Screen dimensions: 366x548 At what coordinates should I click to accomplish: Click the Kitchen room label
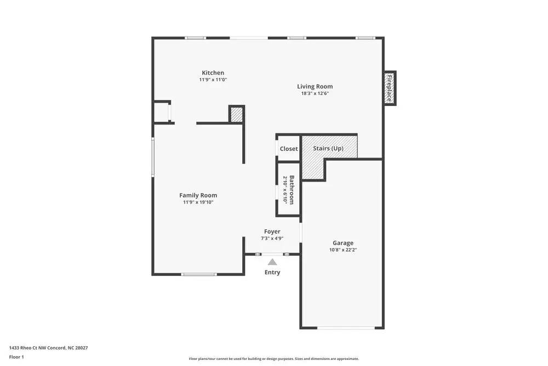tap(213, 73)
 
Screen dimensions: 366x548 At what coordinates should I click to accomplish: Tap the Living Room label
tap(315, 86)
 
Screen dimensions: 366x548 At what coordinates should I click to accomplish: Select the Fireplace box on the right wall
tap(389, 88)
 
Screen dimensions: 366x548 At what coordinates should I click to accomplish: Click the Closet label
tap(289, 149)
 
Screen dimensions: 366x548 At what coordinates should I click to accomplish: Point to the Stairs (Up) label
tap(328, 149)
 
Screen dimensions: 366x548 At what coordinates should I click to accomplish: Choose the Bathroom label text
tap(292, 189)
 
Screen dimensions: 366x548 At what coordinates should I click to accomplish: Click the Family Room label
tap(198, 195)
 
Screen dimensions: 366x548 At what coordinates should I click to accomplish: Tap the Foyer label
tap(272, 232)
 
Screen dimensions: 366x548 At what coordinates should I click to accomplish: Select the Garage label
tap(343, 243)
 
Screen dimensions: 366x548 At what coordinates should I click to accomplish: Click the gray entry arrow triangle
tap(272, 262)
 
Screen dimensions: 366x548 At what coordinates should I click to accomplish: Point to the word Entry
tap(272, 272)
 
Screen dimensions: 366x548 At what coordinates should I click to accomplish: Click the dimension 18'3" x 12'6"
tap(315, 93)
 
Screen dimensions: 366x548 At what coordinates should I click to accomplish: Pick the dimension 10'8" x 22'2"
tap(343, 250)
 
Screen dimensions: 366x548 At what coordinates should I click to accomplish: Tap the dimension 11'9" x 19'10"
tap(198, 202)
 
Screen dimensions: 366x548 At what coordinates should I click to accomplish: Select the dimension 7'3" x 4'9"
tap(272, 239)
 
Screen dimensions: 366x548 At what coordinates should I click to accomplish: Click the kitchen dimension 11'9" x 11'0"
tap(213, 80)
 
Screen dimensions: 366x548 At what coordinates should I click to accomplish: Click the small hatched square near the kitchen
tap(236, 114)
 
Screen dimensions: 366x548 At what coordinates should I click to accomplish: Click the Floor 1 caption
tap(16, 357)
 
